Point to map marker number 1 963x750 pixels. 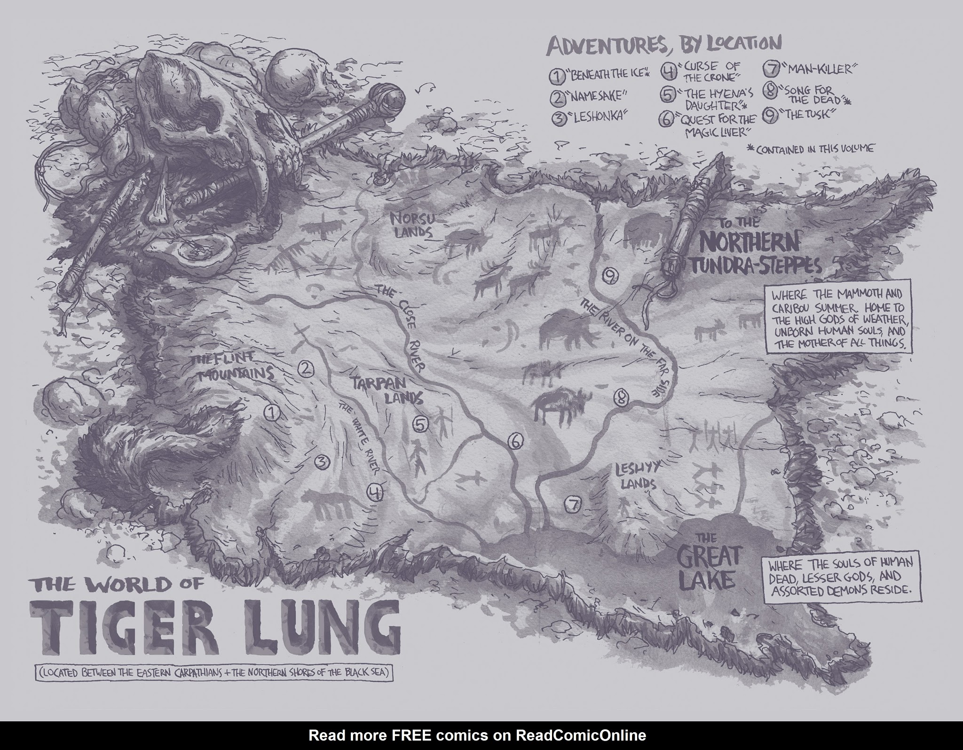click(272, 413)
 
